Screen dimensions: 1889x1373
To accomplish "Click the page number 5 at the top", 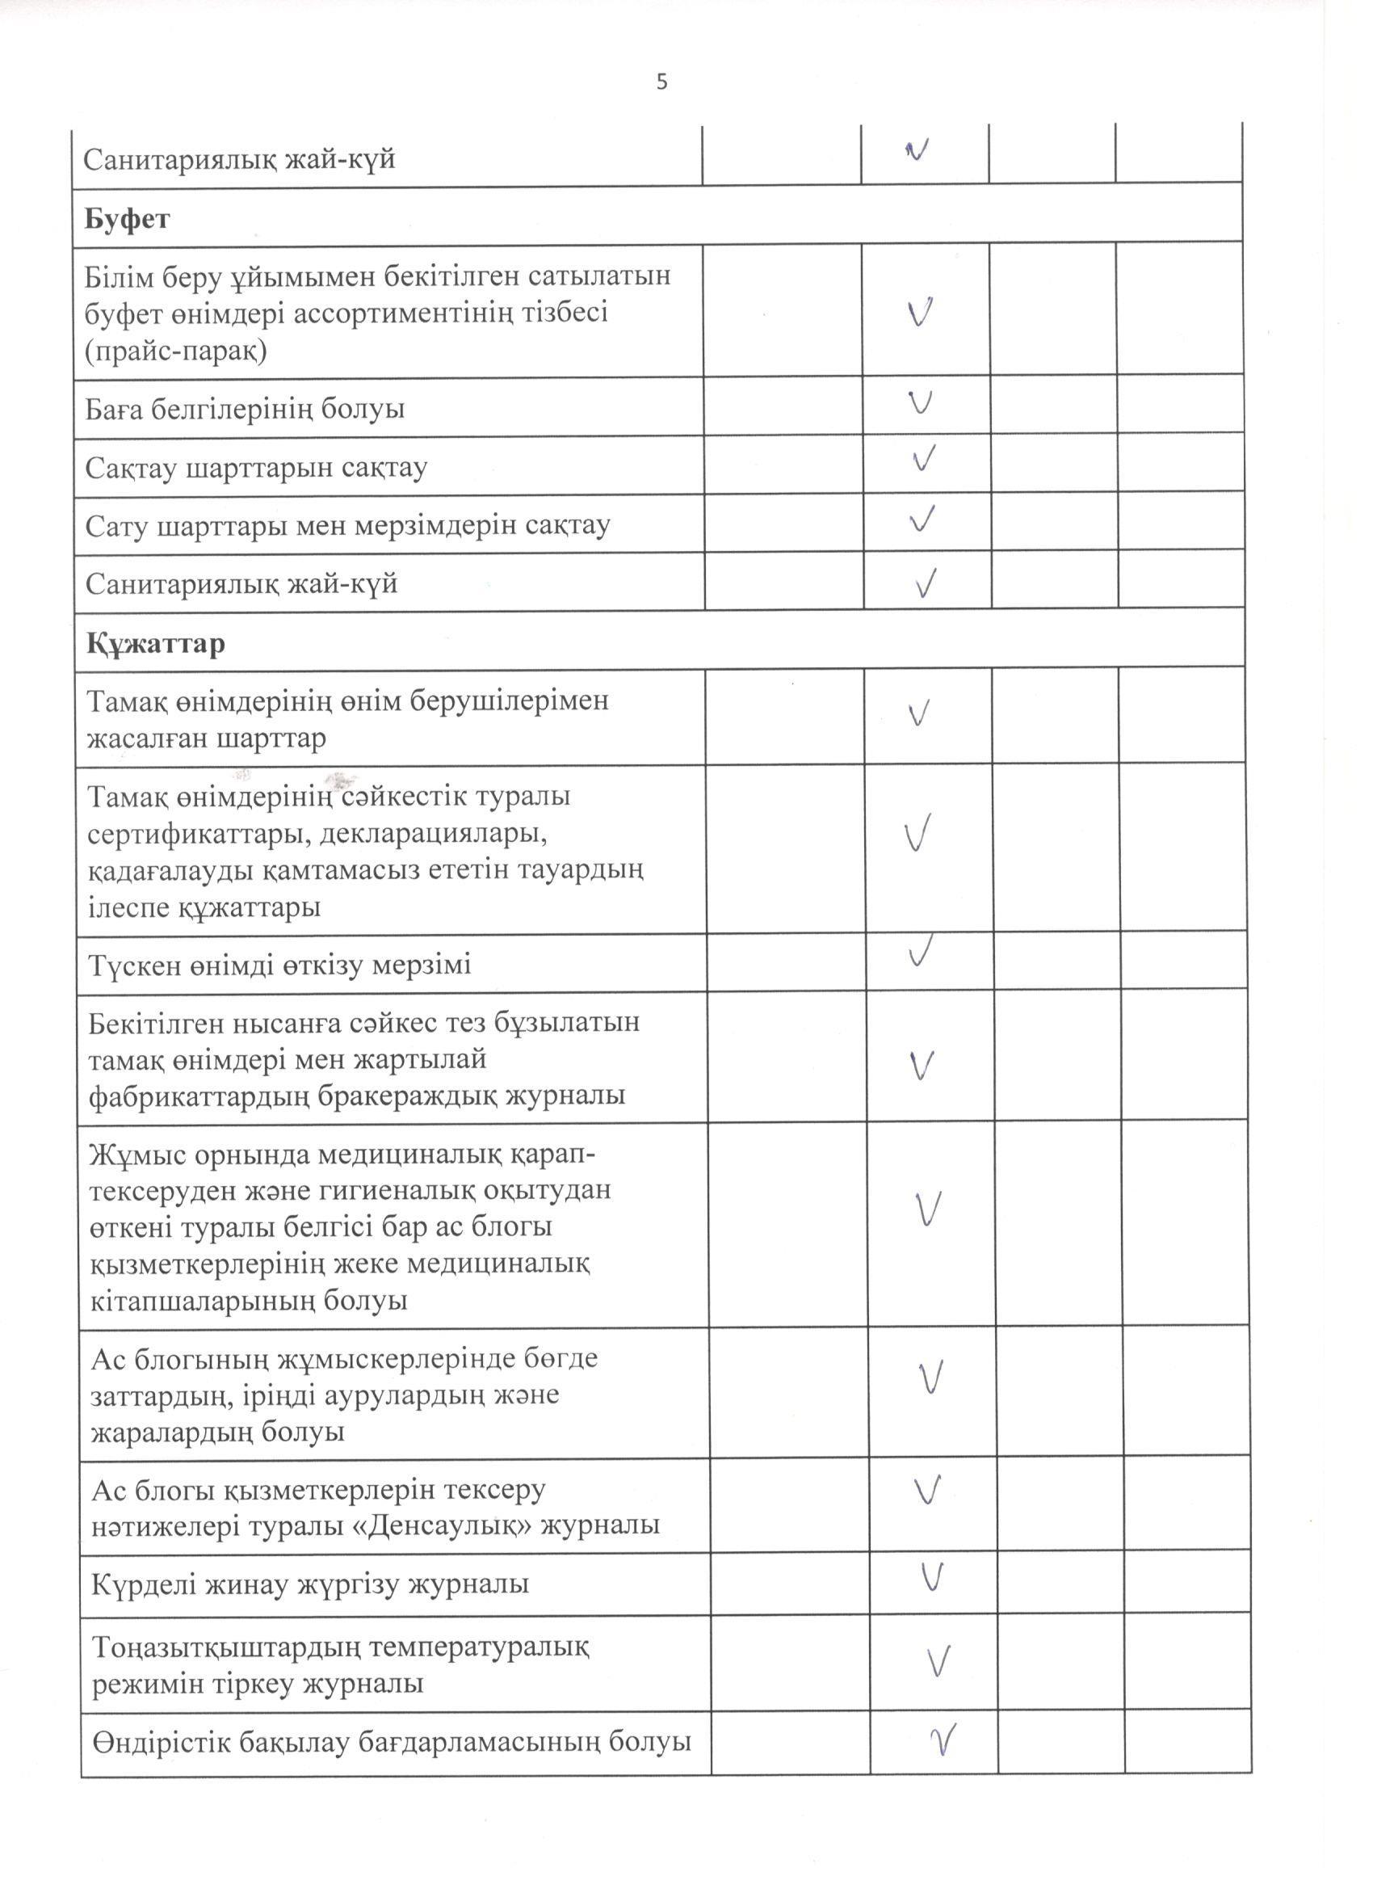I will pos(662,82).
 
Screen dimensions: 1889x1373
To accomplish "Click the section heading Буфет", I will pos(127,219).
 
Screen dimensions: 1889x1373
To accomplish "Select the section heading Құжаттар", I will pos(155,644).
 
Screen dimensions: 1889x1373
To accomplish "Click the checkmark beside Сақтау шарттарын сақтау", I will pos(922,459).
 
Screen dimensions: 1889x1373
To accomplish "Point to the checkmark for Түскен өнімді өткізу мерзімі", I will pos(919,950).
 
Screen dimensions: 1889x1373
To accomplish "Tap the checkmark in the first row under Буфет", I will pos(919,312).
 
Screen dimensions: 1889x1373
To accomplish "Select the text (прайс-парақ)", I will pos(176,351).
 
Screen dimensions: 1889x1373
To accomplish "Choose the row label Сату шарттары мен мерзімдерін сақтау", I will pos(348,525).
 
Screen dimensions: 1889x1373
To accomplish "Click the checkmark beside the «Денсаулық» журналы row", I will pos(926,1489).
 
